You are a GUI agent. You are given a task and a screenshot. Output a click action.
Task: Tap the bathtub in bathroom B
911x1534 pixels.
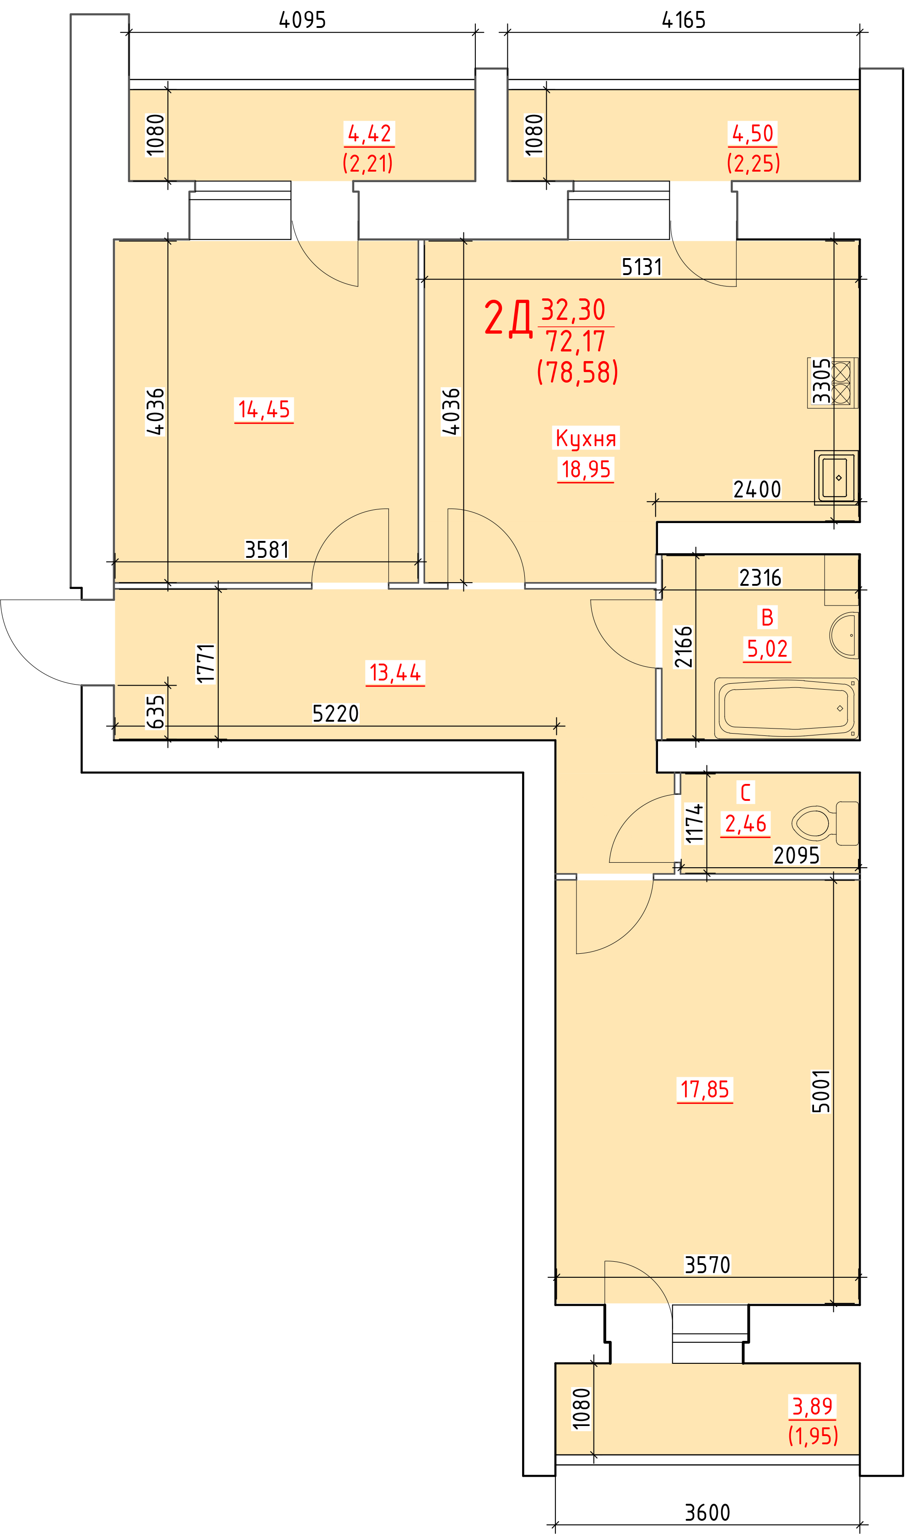pyautogui.click(x=787, y=708)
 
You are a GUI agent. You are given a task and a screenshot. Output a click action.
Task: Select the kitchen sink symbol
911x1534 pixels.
pyautogui.click(x=836, y=478)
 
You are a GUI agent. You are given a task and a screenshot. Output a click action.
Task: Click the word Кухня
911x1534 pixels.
pyautogui.click(x=586, y=438)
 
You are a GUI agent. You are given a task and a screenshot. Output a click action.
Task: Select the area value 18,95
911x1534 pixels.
pyautogui.click(x=586, y=470)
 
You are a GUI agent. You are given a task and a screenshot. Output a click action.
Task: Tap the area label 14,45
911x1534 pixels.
pyautogui.click(x=264, y=410)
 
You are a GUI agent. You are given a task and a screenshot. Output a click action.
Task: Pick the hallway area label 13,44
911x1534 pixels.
pyautogui.click(x=395, y=672)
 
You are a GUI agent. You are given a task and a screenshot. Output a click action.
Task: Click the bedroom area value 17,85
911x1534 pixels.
pyautogui.click(x=705, y=1090)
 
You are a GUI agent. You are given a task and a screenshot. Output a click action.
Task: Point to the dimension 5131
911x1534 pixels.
pyautogui.click(x=642, y=267)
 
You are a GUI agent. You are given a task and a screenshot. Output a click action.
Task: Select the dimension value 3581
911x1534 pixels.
pyautogui.click(x=266, y=549)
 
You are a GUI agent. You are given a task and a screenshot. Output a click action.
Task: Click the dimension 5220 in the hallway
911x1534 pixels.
pyautogui.click(x=335, y=713)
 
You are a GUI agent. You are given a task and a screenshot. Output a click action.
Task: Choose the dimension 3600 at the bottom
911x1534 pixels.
pyautogui.click(x=707, y=1512)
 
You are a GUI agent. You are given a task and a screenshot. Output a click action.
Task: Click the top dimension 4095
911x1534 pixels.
pyautogui.click(x=302, y=20)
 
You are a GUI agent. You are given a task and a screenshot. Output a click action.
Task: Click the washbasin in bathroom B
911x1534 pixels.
pyautogui.click(x=844, y=635)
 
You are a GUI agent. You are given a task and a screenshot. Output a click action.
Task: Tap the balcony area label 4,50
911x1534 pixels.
pyautogui.click(x=753, y=133)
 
